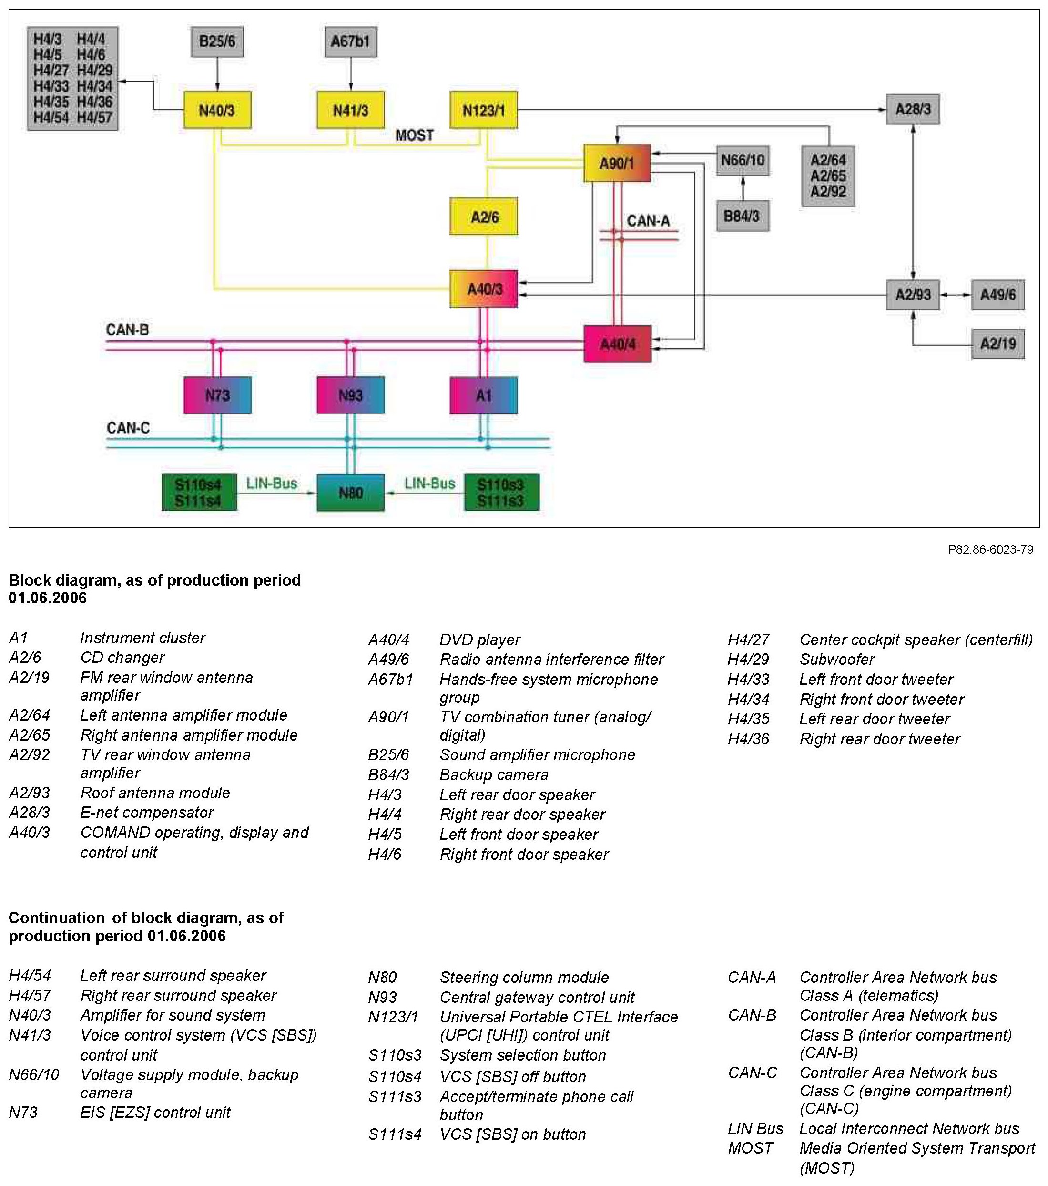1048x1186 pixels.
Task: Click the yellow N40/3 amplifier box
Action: [x=217, y=110]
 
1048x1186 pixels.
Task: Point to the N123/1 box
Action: [x=483, y=110]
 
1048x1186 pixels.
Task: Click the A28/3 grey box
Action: [x=912, y=109]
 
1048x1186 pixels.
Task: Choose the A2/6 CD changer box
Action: [x=484, y=217]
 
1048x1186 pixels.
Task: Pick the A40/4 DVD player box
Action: [x=617, y=344]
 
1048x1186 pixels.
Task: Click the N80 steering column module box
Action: [x=350, y=493]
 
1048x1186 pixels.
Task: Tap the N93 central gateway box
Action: [x=350, y=395]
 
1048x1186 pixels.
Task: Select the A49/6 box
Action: [x=997, y=295]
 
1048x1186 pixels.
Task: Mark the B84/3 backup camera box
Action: [x=743, y=216]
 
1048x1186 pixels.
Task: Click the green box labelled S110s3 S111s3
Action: [x=501, y=493]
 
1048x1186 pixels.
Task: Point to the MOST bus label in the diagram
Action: [x=414, y=135]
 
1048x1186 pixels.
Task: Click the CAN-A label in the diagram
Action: [x=648, y=220]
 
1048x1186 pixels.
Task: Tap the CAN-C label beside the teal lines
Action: [x=128, y=428]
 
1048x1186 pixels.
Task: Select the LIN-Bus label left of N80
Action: [x=272, y=484]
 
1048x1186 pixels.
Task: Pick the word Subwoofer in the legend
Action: [x=836, y=659]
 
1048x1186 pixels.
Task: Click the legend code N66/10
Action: [x=34, y=1074]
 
